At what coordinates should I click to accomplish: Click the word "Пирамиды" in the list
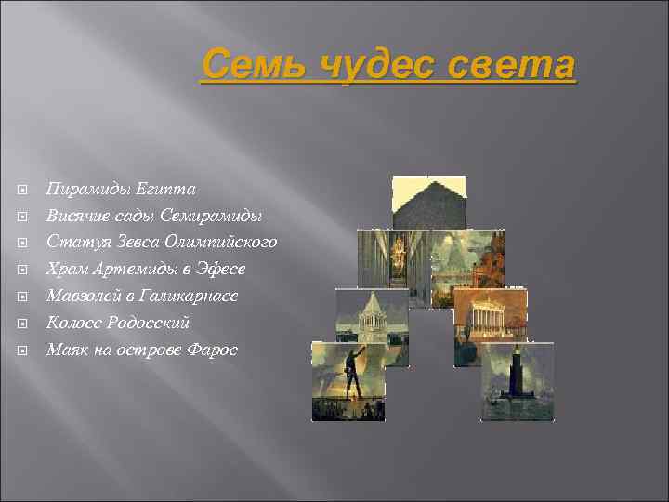(84, 190)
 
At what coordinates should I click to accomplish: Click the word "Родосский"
(149, 323)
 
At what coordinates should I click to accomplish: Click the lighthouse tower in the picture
(516, 377)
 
